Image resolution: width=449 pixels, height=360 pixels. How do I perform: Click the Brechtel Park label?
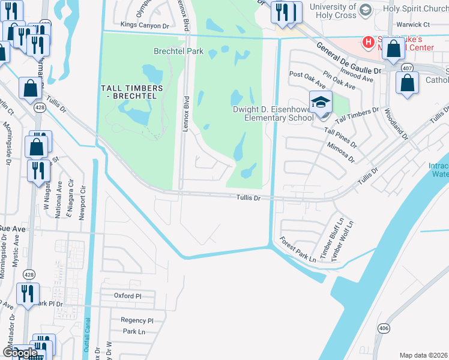coord(178,52)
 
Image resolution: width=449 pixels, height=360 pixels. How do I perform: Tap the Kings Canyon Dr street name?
coord(145,25)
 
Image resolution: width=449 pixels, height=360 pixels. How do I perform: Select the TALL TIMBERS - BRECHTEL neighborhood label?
coord(132,92)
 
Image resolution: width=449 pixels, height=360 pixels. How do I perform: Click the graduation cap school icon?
coord(321,101)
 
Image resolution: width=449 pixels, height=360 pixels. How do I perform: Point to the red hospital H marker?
coord(369,41)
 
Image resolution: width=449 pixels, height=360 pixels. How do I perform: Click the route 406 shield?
coord(384,328)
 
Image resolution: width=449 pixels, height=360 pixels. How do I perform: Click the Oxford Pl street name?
coord(127,296)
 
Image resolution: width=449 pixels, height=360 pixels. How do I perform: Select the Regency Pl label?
coord(137,320)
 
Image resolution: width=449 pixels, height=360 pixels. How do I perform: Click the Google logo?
coord(20,353)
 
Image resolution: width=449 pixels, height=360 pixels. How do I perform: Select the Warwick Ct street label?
coord(414,25)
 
